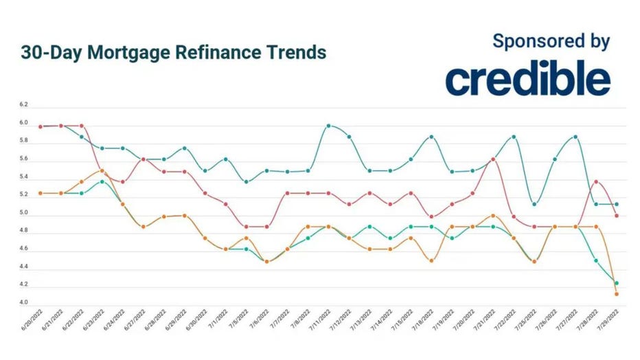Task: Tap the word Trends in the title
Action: click(x=293, y=52)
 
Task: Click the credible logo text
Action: click(x=527, y=80)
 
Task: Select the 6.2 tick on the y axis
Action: click(x=24, y=105)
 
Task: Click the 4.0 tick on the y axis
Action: click(x=24, y=303)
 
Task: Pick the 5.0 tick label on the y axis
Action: click(x=24, y=214)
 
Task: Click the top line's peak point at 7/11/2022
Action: click(x=329, y=126)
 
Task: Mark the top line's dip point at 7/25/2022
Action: click(x=534, y=204)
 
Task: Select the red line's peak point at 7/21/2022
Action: click(x=493, y=159)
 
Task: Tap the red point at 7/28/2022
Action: click(x=596, y=182)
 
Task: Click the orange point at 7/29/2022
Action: click(x=617, y=294)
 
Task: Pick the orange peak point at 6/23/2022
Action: click(x=102, y=170)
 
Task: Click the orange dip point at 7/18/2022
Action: click(x=431, y=260)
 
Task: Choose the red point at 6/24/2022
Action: click(x=123, y=182)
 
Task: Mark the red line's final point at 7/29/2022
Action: click(x=617, y=216)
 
